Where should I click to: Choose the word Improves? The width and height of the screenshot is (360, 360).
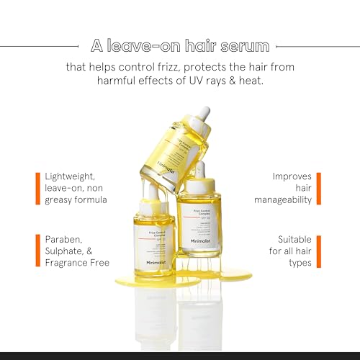292,175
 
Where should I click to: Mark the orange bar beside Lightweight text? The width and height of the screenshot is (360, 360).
37,187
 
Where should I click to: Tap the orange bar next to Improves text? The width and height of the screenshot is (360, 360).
319,187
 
